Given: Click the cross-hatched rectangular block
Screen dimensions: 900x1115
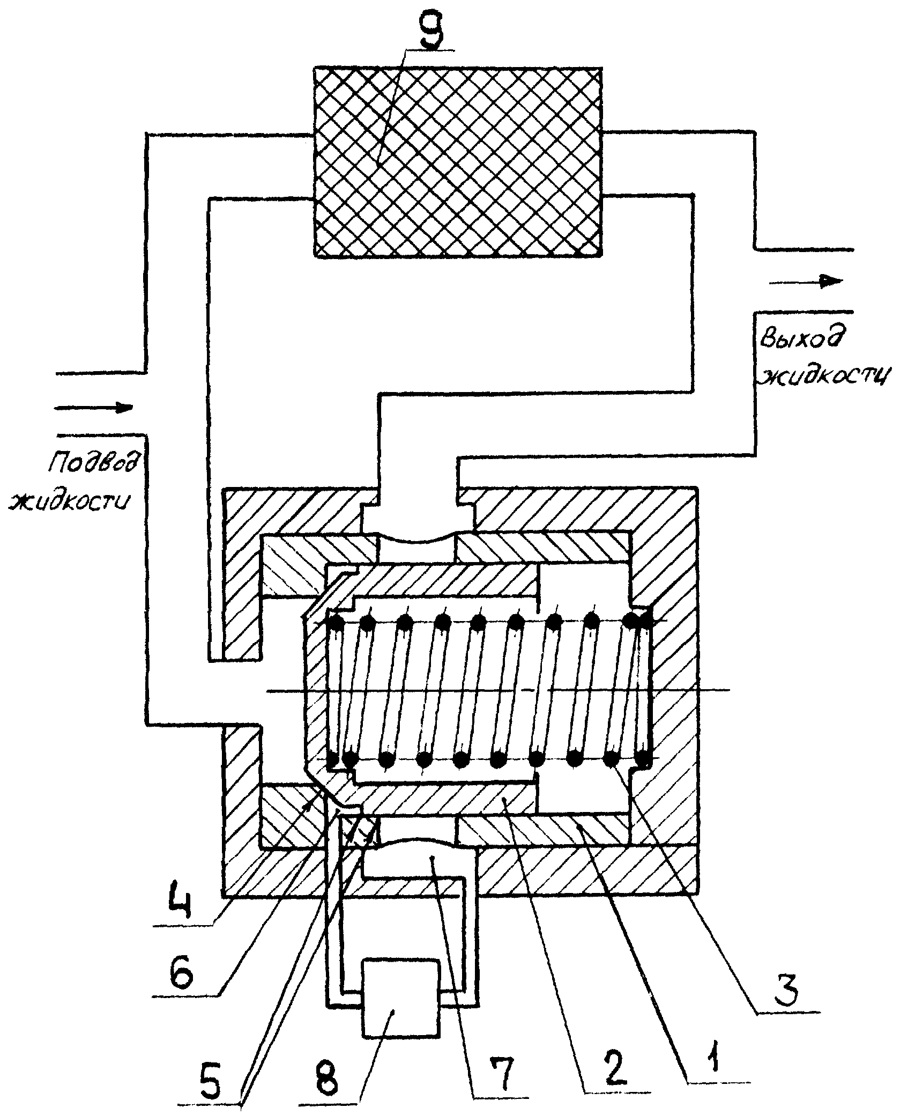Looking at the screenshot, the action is click(x=457, y=163).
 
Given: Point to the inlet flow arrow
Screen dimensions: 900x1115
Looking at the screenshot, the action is click(x=94, y=408).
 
